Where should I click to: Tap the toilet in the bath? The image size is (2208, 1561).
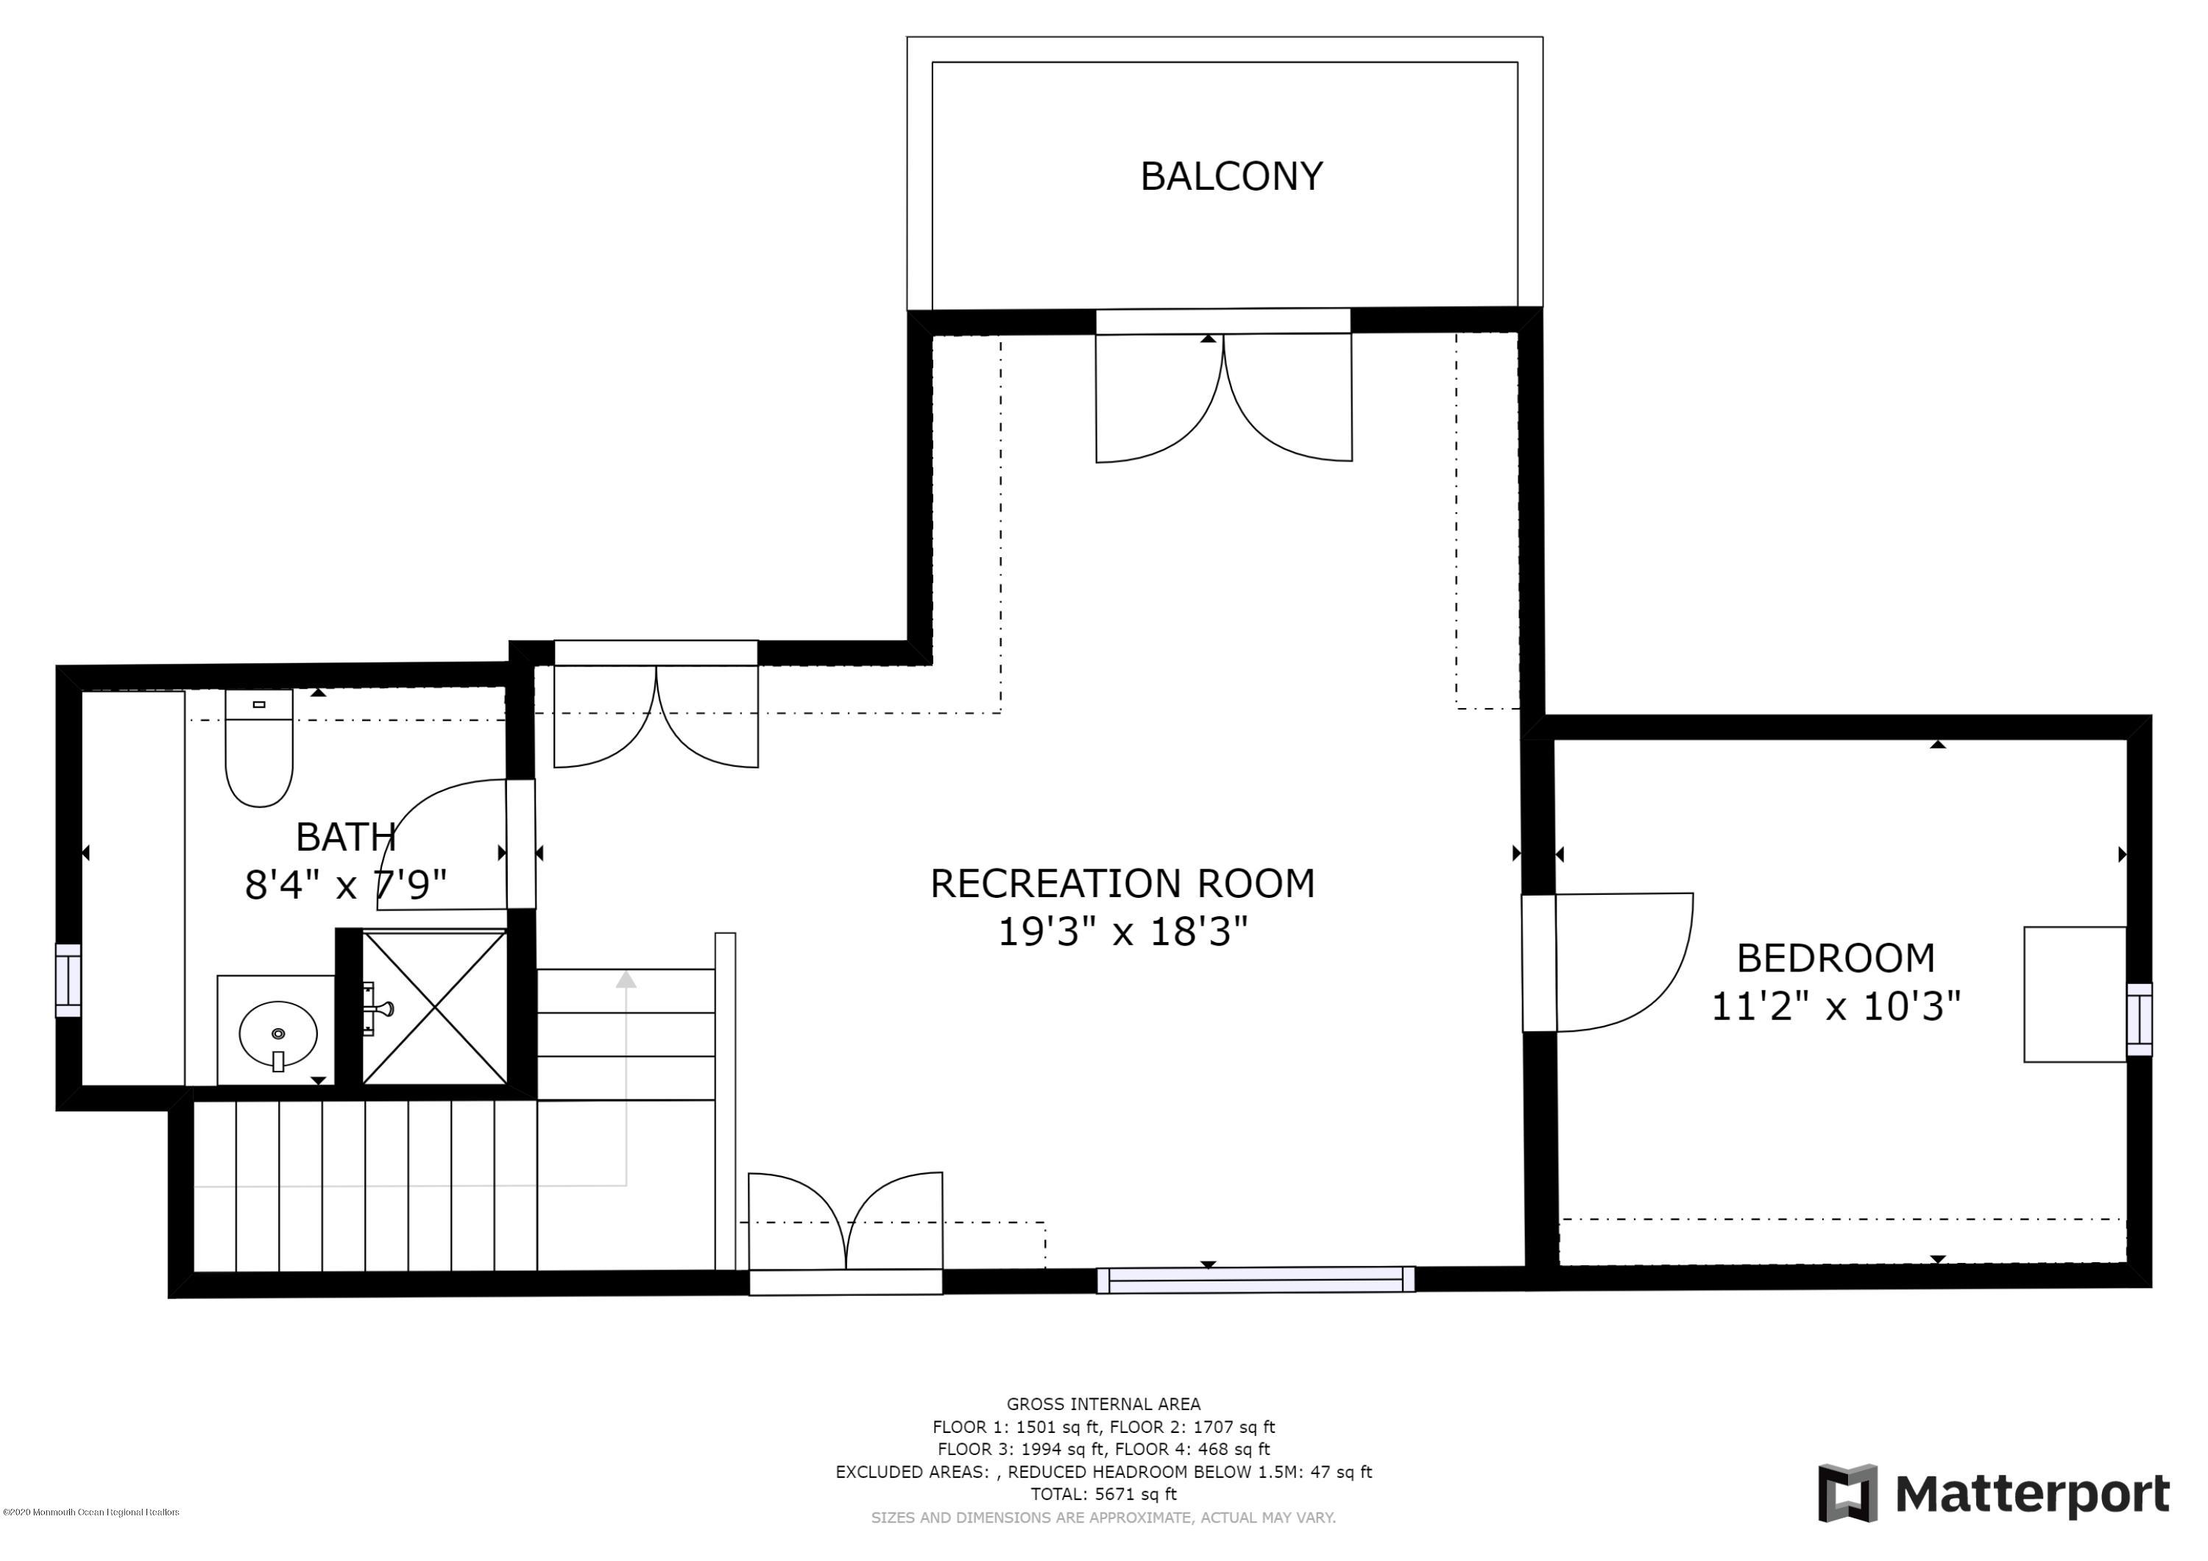pos(258,748)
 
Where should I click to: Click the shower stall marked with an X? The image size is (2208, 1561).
pos(435,1006)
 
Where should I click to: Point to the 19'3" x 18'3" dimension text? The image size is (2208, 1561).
pos(1122,931)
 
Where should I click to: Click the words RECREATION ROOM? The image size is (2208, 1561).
pos(1122,883)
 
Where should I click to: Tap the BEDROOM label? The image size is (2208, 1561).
pos(1835,958)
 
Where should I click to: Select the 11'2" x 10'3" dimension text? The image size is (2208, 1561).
pos(1835,1007)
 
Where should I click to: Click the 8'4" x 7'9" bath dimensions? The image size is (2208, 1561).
pos(346,885)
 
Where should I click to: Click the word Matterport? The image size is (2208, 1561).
pos(2032,1494)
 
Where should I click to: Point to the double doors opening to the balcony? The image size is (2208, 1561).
pos(1224,397)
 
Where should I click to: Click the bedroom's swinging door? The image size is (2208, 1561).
pos(1625,962)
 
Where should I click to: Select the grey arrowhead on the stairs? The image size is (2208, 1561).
pos(626,979)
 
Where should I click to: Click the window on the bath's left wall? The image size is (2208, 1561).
pos(68,980)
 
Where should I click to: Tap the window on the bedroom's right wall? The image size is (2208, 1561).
pos(2139,1019)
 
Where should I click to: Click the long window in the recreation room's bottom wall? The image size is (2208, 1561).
pos(1256,1279)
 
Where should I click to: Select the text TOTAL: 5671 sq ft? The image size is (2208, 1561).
pos(1103,1494)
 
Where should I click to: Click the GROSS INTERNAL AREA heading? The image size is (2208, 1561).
pos(1103,1404)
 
